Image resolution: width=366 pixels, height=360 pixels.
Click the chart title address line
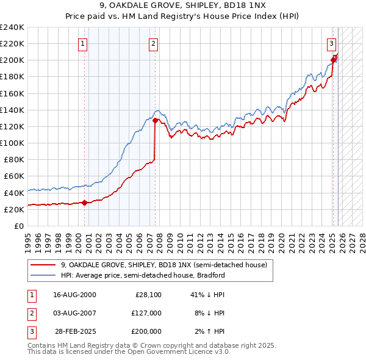(183, 7)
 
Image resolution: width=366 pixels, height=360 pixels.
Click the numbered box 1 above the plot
(82, 43)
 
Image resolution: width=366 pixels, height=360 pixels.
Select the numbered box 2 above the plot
(153, 43)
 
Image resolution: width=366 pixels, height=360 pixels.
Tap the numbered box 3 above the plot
(331, 43)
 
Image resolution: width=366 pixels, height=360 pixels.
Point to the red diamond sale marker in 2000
(84, 203)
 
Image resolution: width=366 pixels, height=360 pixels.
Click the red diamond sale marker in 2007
(155, 121)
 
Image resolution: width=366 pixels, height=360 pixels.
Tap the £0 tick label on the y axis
(19, 226)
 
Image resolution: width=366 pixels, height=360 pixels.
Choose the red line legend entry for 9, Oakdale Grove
(163, 265)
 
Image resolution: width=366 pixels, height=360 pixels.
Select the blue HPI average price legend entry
(143, 275)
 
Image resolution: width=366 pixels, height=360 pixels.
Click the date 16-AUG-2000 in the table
(74, 295)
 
